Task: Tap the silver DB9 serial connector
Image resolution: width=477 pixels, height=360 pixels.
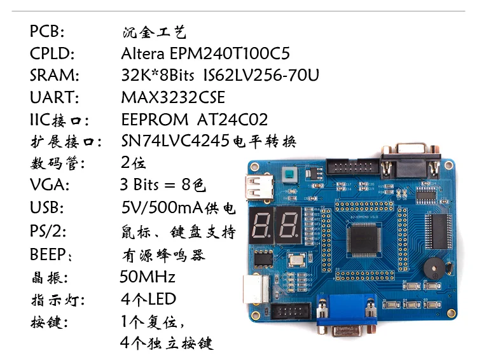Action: coord(410,161)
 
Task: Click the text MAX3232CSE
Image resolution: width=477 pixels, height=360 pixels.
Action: coord(173,97)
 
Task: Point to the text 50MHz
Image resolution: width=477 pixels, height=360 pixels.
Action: coord(148,277)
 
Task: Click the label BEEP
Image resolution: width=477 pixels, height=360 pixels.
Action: coord(50,254)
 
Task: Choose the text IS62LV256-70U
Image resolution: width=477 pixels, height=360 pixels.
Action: coord(261,75)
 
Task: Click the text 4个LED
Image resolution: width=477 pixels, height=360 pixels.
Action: coord(148,299)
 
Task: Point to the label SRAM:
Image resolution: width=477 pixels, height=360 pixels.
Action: coord(54,75)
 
